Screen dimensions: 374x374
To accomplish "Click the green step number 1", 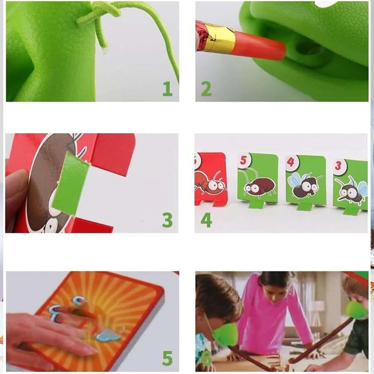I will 167,89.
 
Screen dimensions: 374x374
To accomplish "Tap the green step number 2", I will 206,89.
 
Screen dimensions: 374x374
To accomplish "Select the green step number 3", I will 167,220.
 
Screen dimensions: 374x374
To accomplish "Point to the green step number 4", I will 206,220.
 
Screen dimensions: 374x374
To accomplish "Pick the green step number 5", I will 167,358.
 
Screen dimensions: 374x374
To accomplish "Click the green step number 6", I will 206,358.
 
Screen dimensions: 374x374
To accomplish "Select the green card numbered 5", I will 258,179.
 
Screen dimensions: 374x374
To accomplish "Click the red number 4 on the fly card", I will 291,162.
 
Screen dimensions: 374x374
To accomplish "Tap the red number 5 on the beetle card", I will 243,160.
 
